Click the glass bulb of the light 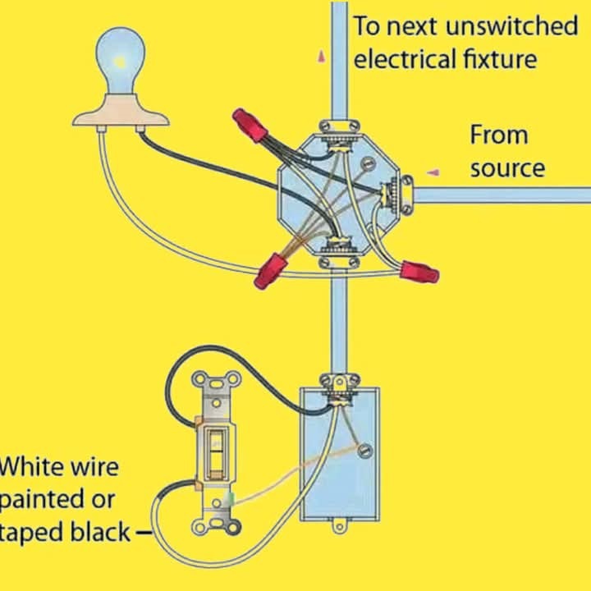click(120, 60)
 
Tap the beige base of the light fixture click(121, 111)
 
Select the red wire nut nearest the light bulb click(250, 125)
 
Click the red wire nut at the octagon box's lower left click(270, 270)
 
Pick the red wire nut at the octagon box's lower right click(420, 272)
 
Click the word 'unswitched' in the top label click(511, 25)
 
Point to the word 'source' click(507, 168)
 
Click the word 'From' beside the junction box click(499, 135)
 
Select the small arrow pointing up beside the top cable click(322, 56)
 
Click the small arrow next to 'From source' click(433, 172)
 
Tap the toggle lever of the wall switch click(216, 454)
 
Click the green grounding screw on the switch click(230, 499)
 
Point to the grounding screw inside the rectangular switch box click(364, 451)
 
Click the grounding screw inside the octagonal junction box click(368, 163)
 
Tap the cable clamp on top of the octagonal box click(339, 127)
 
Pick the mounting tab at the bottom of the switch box click(339, 526)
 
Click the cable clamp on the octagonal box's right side click(406, 195)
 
